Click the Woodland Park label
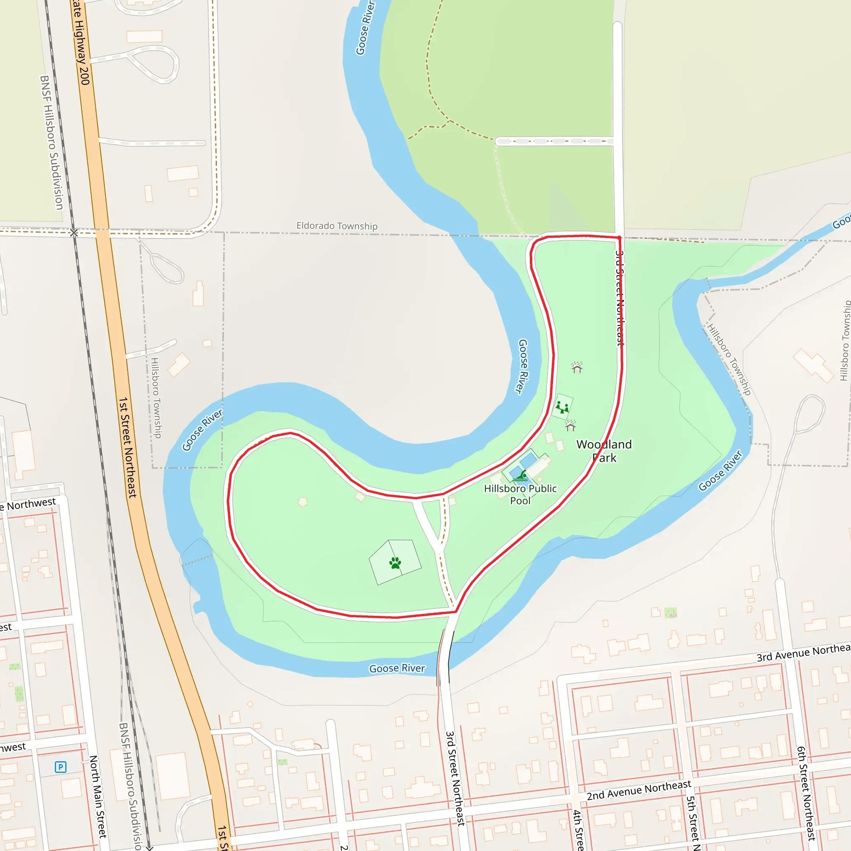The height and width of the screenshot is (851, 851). pos(604,450)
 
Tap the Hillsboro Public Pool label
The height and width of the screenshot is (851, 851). pos(520,494)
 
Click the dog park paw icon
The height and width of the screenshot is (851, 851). pos(395,563)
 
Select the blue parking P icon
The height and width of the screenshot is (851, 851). pos(60,767)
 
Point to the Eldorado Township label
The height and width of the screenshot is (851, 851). pos(337,226)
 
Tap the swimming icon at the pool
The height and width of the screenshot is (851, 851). pos(521,476)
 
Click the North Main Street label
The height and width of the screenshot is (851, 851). pos(98,797)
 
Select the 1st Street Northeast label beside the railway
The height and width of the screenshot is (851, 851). pos(127,447)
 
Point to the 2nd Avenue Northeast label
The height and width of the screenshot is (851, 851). pos(639,790)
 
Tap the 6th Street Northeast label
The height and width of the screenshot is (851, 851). pos(806,793)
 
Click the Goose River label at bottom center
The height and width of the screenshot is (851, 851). pos(397,668)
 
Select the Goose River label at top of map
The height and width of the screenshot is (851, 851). pos(365,28)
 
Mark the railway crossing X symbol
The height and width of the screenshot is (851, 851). pos(74,233)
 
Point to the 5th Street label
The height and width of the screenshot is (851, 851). pos(693,823)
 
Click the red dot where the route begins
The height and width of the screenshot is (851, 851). pos(619,238)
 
